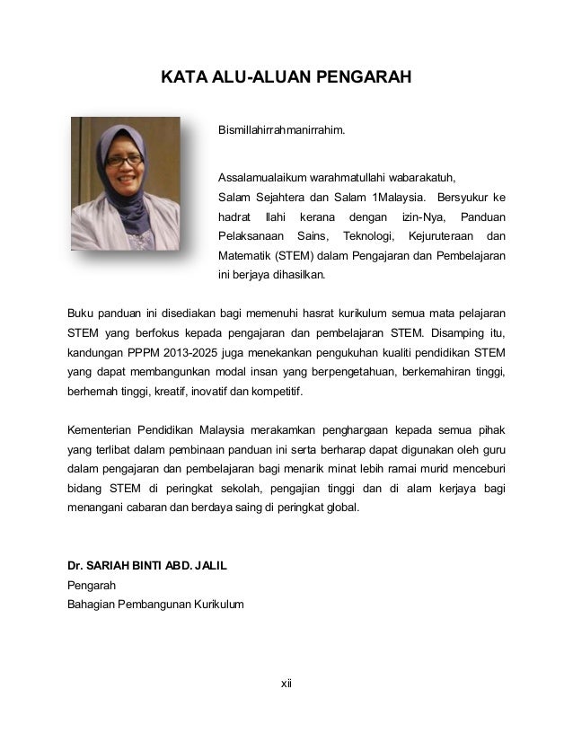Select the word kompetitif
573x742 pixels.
tap(278, 393)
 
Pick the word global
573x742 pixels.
tap(339, 507)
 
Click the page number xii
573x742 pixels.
tap(286, 685)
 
